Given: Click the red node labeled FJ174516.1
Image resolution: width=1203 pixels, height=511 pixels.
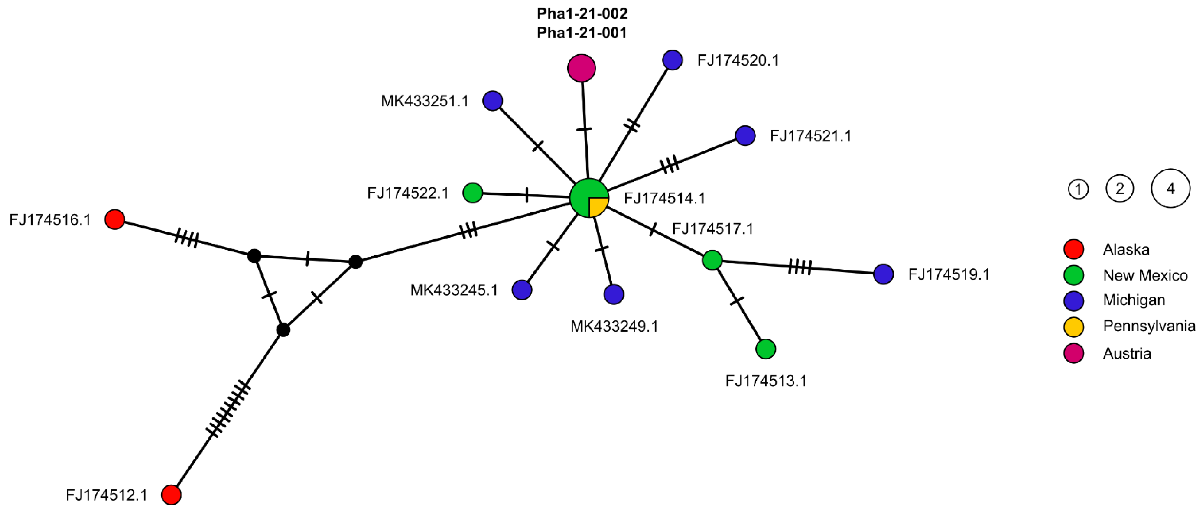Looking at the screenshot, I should tap(114, 219).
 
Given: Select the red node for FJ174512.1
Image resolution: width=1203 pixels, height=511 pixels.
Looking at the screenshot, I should tap(171, 495).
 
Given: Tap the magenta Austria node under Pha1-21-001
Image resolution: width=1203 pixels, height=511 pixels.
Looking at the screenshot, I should tap(581, 68).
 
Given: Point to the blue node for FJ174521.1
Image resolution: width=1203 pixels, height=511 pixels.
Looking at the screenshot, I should tap(745, 136).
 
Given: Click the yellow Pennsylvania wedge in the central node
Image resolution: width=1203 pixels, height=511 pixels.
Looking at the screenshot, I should tap(597, 206).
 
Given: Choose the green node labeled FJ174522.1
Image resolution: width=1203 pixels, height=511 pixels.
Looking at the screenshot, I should tap(473, 193).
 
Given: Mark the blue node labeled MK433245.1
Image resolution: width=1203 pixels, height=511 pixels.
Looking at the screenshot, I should tap(522, 290).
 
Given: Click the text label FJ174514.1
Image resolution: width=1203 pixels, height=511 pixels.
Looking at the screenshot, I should tap(664, 198).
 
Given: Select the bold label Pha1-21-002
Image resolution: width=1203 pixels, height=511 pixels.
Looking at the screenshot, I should tap(582, 14).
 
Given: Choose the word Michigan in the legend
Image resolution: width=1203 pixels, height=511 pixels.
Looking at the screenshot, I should tap(1134, 300).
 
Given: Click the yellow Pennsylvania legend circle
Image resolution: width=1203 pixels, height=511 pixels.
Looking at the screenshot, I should tap(1074, 327).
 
